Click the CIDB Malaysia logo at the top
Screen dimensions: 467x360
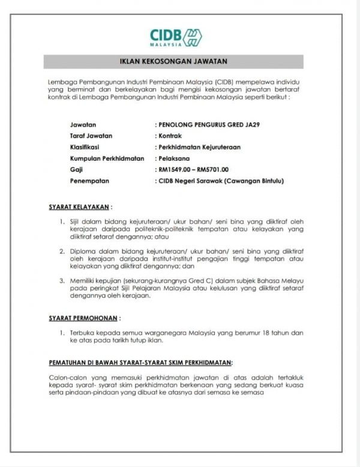175,37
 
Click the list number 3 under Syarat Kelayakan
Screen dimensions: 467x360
64,280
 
